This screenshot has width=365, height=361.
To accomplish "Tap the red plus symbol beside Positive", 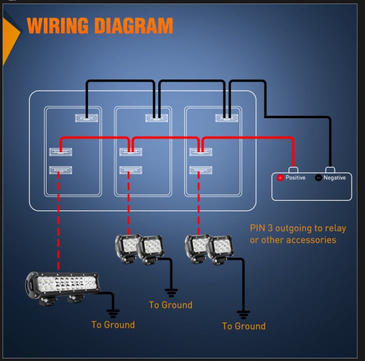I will pos(280,178).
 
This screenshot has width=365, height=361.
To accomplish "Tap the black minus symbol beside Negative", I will pos(318,178).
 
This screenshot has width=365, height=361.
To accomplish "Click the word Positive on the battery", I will pos(295,178).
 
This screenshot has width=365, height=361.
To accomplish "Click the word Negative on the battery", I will pos(334,178).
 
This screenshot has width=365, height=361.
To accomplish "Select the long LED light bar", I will pos(63,287).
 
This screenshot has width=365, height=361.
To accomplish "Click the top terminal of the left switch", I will pos(86,118).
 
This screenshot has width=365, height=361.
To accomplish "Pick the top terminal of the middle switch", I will pos(156,118).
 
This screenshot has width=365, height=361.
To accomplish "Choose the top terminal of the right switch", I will pos(226,118).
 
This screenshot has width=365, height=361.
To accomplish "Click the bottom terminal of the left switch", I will pos(61,170).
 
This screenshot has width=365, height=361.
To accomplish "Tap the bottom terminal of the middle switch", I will pos(131,170).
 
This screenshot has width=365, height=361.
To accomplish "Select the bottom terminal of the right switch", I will pos(201,170).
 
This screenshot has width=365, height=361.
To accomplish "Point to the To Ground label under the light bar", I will pos(113,324).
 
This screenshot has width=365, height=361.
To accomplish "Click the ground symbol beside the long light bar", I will pos(113,313).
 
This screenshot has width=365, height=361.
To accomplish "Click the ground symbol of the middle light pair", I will pos(171,292).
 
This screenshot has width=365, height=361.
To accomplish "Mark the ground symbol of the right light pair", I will pos(243,314).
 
